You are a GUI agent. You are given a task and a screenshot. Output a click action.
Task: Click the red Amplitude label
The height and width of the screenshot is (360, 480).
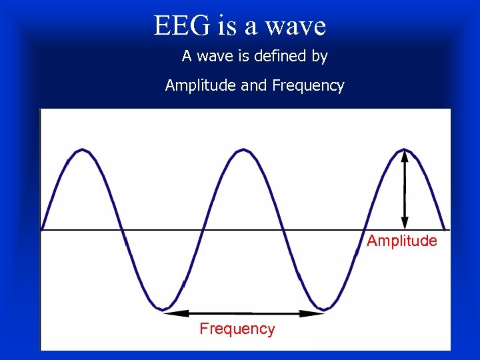tap(402, 241)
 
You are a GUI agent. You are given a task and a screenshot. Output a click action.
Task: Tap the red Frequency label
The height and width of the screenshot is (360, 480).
tap(237, 329)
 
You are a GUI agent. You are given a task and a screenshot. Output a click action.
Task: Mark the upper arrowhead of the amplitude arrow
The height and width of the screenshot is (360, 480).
tap(405, 154)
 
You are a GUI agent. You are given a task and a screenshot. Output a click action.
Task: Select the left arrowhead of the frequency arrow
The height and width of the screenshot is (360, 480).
tap(169, 313)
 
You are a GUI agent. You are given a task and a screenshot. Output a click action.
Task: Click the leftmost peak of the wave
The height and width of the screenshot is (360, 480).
tap(81, 150)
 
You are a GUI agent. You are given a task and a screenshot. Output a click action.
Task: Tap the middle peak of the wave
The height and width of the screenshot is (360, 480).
tap(243, 150)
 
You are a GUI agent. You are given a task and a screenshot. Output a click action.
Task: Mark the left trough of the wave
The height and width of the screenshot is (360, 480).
tap(162, 309)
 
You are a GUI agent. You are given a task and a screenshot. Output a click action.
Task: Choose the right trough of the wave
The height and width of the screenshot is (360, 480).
tap(324, 309)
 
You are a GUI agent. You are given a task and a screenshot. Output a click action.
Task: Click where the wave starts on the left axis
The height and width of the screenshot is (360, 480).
tap(42, 230)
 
